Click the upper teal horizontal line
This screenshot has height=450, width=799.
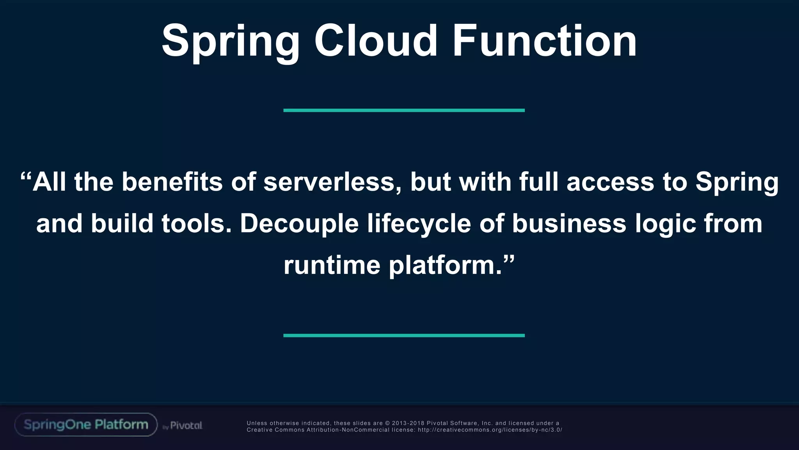(x=404, y=111)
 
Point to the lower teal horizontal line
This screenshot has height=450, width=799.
(x=404, y=336)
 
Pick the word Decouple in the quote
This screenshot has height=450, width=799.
(x=299, y=224)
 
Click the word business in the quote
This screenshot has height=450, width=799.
(x=569, y=223)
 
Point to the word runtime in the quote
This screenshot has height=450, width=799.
(x=332, y=265)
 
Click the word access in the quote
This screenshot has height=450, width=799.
(x=610, y=183)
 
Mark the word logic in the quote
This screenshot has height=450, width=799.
(x=665, y=224)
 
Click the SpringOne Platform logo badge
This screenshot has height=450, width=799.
(x=86, y=425)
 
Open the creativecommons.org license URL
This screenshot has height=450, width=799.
(x=490, y=430)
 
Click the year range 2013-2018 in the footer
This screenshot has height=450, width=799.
(x=408, y=423)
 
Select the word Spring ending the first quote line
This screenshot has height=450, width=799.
(x=737, y=183)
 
